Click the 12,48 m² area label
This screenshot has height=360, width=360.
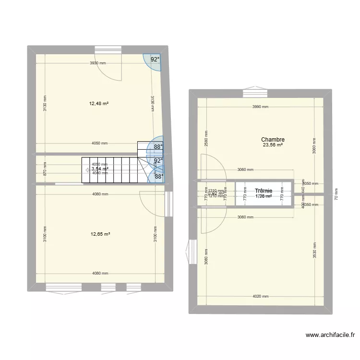98,103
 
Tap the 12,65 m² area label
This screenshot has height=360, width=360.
100,234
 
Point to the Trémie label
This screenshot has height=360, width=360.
264,191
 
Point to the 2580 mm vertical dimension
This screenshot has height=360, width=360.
206,139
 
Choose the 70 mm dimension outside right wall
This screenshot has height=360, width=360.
336,194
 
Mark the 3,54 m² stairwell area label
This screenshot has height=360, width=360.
100,168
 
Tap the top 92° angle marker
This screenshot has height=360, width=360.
155,60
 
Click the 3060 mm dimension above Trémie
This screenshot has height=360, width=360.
246,169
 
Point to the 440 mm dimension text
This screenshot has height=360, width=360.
303,190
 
